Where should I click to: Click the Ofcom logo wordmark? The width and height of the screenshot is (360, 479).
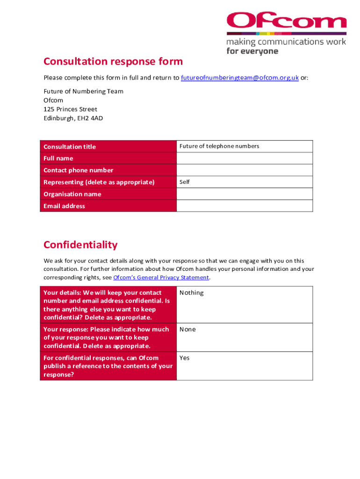pos(286,22)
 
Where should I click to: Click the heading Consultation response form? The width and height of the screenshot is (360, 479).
pos(113,62)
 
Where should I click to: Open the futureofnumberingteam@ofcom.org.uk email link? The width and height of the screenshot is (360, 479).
pos(239,78)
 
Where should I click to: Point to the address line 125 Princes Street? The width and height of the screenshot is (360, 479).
pos(71,109)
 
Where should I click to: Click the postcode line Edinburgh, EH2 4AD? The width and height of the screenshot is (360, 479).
pos(73,118)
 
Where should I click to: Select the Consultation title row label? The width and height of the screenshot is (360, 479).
pos(70,147)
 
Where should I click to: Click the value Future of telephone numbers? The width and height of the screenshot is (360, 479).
pos(219,146)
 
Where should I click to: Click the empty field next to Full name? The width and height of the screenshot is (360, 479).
pos(244,158)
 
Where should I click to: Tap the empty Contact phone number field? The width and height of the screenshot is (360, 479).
pos(244,170)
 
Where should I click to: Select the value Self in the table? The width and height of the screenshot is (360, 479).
pos(185,182)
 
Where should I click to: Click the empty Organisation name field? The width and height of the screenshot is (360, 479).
pos(244,194)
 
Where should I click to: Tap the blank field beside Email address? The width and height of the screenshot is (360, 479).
pos(244,206)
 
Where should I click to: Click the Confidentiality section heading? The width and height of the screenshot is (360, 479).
pos(80,245)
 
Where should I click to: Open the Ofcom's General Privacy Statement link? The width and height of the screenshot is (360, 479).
pos(161,278)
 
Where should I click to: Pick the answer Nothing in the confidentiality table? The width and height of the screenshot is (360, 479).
pos(191,293)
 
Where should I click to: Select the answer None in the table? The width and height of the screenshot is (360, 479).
pos(187,329)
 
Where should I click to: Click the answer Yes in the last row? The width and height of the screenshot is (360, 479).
pos(185,358)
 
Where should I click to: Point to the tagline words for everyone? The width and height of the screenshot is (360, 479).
pos(252,51)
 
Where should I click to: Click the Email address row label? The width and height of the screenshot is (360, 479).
pos(65,206)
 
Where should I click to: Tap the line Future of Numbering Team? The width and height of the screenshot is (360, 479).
pos(84,92)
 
